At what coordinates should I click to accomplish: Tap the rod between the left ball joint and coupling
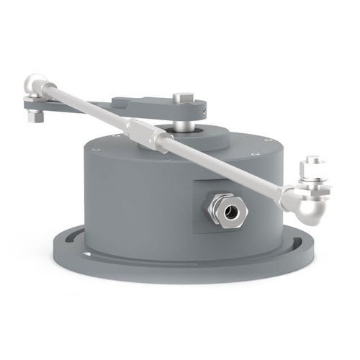click(x=86, y=107)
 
